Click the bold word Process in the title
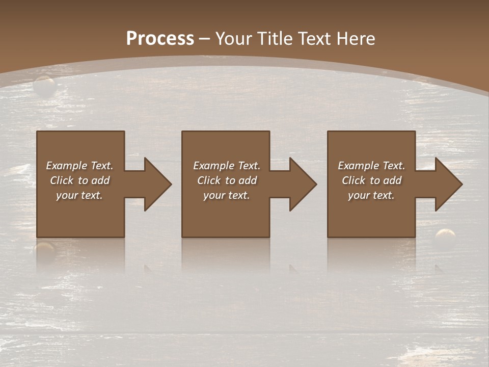(160, 39)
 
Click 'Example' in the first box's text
(66, 166)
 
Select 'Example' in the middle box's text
(213, 166)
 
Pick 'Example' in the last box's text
(358, 166)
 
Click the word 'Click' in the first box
(62, 180)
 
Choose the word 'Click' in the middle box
(209, 180)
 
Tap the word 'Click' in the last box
(354, 180)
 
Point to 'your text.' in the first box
(79, 195)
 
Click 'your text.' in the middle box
(227, 195)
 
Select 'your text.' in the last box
(371, 195)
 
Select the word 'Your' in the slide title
(233, 39)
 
